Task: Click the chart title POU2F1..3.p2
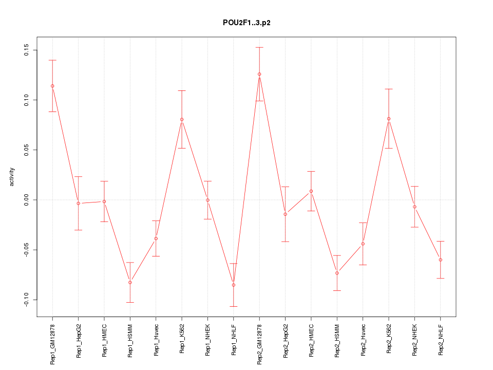click(x=246, y=23)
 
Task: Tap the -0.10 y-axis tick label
click(x=27, y=300)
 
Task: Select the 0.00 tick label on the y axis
click(x=27, y=200)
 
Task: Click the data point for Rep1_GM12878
click(x=52, y=86)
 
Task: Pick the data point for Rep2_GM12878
click(x=259, y=74)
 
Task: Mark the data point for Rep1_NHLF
click(x=234, y=285)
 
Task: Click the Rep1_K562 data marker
click(x=182, y=119)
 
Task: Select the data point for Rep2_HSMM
click(x=337, y=273)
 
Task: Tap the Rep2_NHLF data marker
click(x=441, y=260)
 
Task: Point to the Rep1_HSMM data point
click(x=130, y=282)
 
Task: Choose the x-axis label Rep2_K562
click(x=389, y=341)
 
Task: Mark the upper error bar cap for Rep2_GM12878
click(x=259, y=47)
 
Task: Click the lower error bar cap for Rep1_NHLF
click(x=234, y=306)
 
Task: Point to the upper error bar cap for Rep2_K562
click(x=389, y=89)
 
